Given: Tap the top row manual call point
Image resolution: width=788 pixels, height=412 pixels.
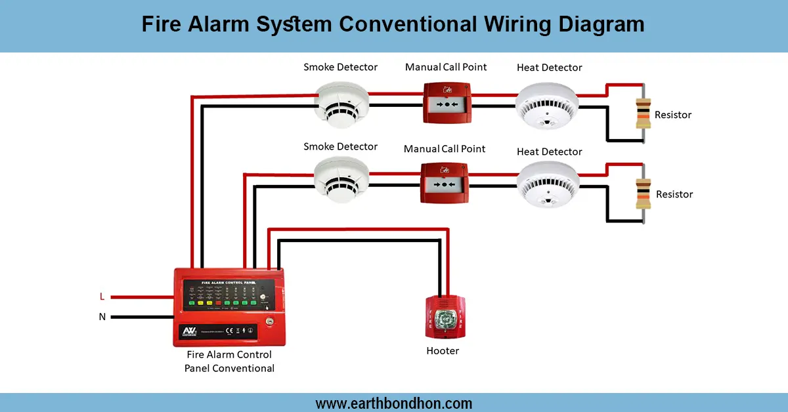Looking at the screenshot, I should [447, 103].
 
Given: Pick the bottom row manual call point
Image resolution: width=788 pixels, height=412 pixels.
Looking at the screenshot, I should [445, 183].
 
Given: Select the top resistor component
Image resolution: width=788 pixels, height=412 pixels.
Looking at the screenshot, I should [643, 113].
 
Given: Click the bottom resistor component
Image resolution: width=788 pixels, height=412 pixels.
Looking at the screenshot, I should [644, 193].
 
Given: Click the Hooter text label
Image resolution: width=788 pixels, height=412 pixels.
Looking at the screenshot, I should [443, 351].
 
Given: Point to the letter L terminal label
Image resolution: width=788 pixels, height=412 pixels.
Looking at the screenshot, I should [102, 297].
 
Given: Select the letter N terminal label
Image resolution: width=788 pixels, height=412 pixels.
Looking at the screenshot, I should [102, 317].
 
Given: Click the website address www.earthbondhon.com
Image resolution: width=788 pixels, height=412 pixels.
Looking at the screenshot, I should [394, 403].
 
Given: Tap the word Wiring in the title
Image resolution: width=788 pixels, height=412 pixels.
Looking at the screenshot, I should [517, 25].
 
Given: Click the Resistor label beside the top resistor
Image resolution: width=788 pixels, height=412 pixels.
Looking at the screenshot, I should [673, 115].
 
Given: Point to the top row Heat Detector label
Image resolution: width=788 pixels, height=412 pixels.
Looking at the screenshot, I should [549, 68].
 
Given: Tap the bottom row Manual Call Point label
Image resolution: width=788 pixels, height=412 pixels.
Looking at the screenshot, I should [445, 149].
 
